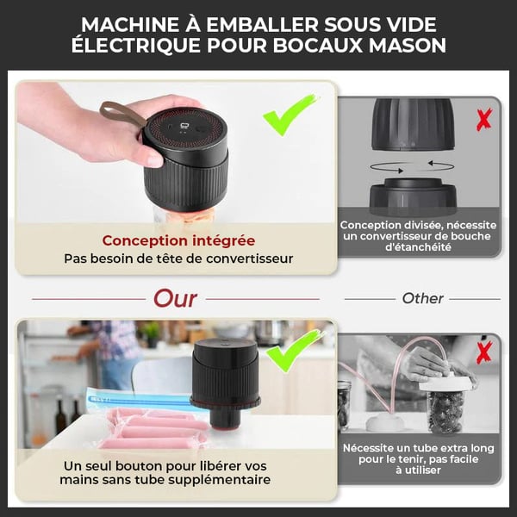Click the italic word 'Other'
[x=422, y=298]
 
